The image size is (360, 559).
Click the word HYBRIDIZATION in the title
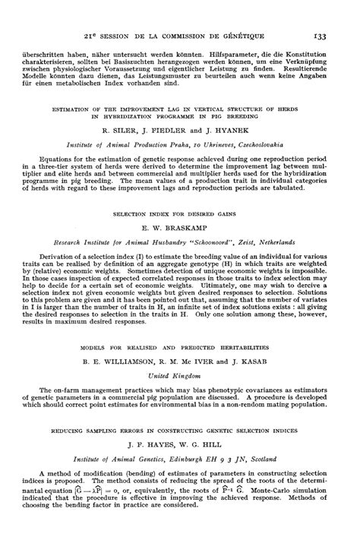pos(135,117)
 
